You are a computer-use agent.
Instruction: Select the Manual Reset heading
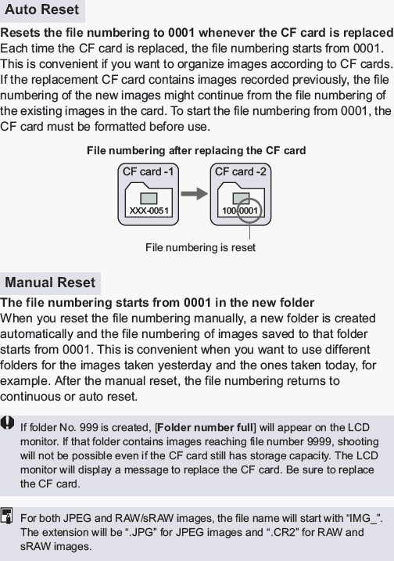pyautogui.click(x=50, y=282)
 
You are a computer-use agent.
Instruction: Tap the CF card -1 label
pyautogui.click(x=149, y=171)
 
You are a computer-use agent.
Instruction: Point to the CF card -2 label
pyautogui.click(x=240, y=171)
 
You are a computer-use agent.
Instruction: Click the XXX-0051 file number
pyautogui.click(x=149, y=211)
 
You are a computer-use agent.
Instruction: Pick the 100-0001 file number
pyautogui.click(x=240, y=211)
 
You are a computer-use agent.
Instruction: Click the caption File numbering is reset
pyautogui.click(x=200, y=247)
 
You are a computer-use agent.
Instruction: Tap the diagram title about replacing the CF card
pyautogui.click(x=195, y=150)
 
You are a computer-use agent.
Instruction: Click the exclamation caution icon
pyautogui.click(x=8, y=423)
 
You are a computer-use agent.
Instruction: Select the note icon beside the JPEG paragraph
pyautogui.click(x=8, y=515)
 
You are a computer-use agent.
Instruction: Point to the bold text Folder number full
pyautogui.click(x=206, y=427)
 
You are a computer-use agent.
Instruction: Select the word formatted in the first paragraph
pyautogui.click(x=120, y=127)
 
